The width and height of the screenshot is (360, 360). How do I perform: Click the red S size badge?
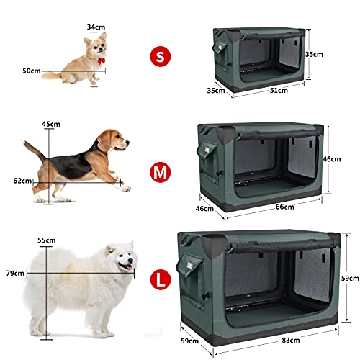coord(161,56)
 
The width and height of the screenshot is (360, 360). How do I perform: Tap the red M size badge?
coord(161,172)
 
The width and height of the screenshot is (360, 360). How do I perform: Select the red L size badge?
coord(161,279)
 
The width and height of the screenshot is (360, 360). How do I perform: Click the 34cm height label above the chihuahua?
coord(96,27)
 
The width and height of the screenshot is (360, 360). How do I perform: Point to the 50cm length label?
coord(32,71)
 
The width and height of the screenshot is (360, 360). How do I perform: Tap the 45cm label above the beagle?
coord(51,124)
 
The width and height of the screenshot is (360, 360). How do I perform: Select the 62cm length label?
coord(22,181)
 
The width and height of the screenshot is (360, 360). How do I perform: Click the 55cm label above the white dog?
coord(47,240)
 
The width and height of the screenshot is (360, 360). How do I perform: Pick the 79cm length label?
coord(15,273)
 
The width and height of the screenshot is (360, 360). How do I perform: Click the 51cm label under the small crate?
coord(279,91)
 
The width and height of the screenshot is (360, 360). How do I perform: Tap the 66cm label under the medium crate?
coord(284,207)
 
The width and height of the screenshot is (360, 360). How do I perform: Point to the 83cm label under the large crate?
coord(291,341)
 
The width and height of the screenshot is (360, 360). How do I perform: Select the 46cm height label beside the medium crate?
coord(331,159)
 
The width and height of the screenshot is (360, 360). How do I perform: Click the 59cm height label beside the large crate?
coord(350,279)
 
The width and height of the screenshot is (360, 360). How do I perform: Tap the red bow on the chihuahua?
coord(101,61)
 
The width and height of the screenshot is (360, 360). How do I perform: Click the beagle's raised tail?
coord(34,150)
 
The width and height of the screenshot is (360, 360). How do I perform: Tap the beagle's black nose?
coord(127,143)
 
